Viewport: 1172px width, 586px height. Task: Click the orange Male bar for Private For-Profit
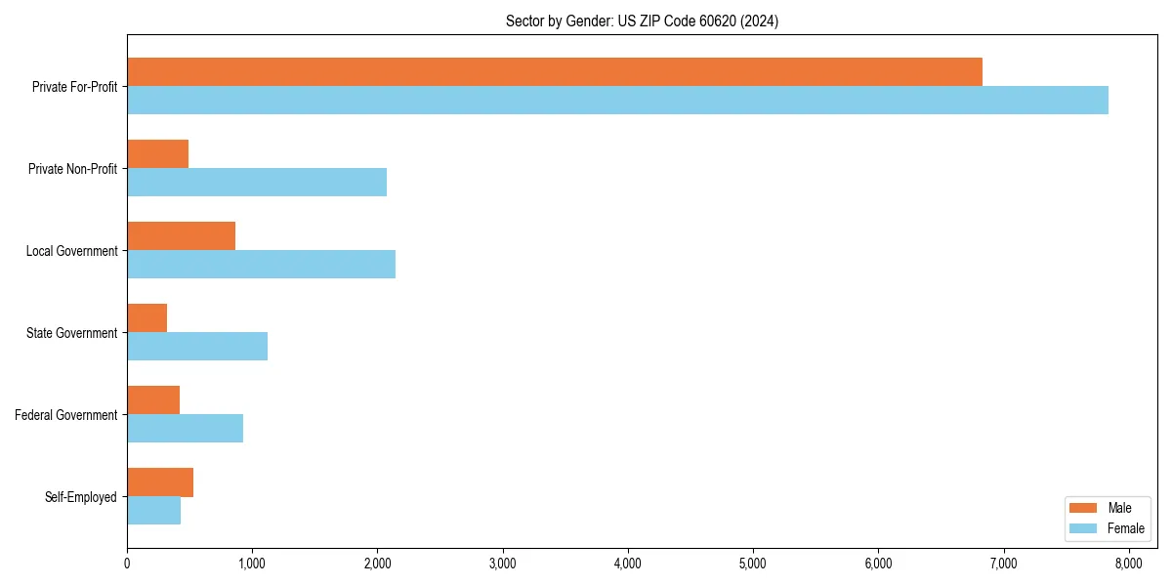point(555,71)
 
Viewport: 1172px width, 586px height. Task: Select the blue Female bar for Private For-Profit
point(617,100)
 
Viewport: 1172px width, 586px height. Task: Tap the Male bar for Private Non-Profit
point(157,153)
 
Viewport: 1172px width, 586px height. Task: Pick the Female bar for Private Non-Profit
point(257,182)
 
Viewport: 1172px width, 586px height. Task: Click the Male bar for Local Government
point(181,235)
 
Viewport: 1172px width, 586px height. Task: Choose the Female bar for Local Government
point(261,264)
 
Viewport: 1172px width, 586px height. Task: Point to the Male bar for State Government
point(146,317)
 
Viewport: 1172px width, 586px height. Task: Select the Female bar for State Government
point(197,346)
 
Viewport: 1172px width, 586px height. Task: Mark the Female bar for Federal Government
point(185,428)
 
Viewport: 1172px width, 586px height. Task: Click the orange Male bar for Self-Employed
point(160,481)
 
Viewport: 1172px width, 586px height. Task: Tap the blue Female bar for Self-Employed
point(153,510)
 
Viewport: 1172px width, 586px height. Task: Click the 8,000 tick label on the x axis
point(1129,564)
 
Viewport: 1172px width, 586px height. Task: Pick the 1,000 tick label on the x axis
point(252,564)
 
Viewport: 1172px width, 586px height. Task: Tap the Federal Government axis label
point(66,415)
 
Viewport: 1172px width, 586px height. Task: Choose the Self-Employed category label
point(81,497)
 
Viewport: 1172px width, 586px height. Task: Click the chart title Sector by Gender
point(642,21)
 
